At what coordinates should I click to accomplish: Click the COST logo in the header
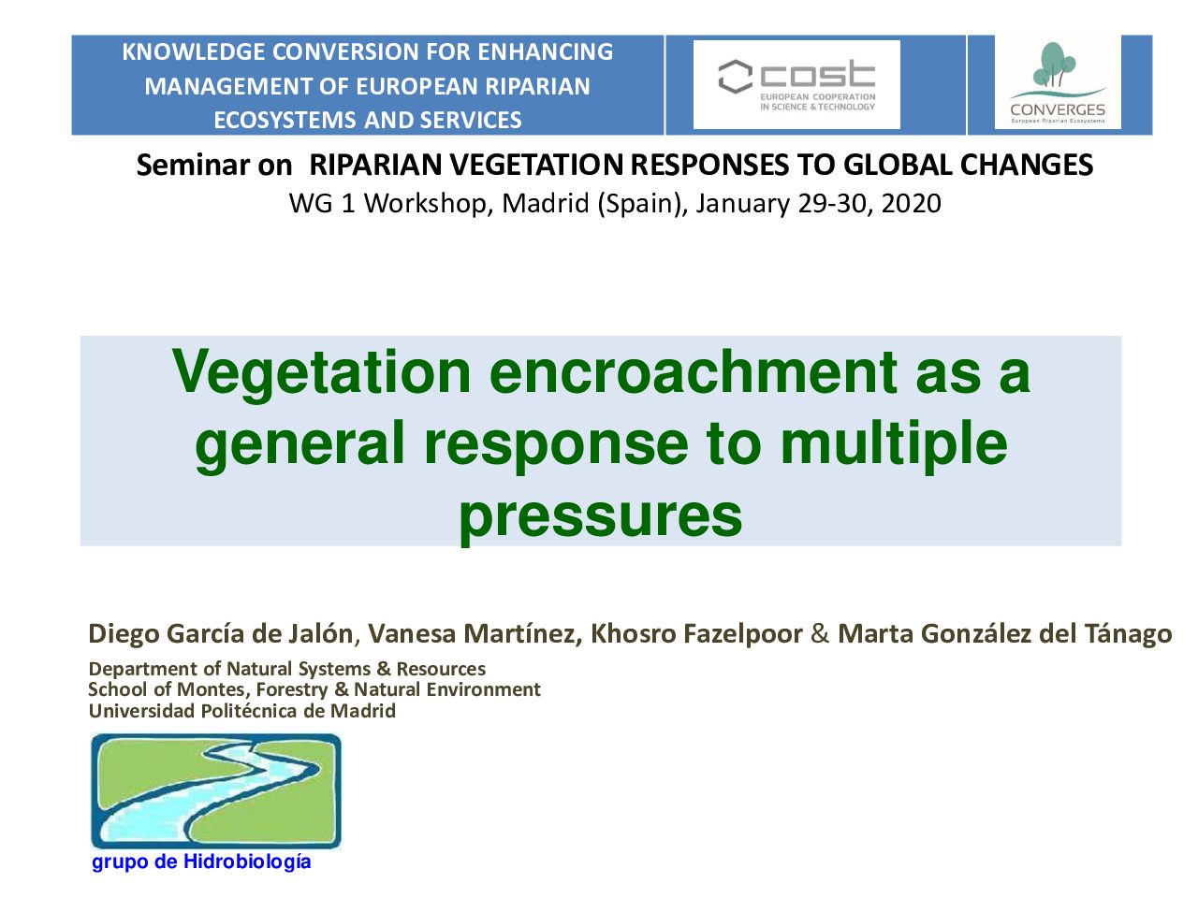pyautogui.click(x=796, y=84)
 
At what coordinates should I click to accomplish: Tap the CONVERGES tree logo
pyautogui.click(x=1058, y=82)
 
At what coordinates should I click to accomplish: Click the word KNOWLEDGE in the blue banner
pyautogui.click(x=193, y=51)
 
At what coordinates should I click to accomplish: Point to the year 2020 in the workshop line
pyautogui.click(x=911, y=203)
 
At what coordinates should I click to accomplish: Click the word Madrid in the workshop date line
pyautogui.click(x=546, y=203)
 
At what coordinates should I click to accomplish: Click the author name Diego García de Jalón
pyautogui.click(x=221, y=633)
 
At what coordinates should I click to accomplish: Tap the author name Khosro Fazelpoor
pyautogui.click(x=696, y=633)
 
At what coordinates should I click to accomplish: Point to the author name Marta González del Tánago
pyautogui.click(x=1004, y=633)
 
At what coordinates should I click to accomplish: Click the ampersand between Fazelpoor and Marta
pyautogui.click(x=820, y=633)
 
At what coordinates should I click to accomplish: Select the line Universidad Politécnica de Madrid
pyautogui.click(x=241, y=711)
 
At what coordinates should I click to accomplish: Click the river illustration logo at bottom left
pyautogui.click(x=216, y=790)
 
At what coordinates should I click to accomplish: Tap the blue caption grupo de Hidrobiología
pyautogui.click(x=201, y=862)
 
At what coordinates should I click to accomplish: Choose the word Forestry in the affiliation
pyautogui.click(x=291, y=689)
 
